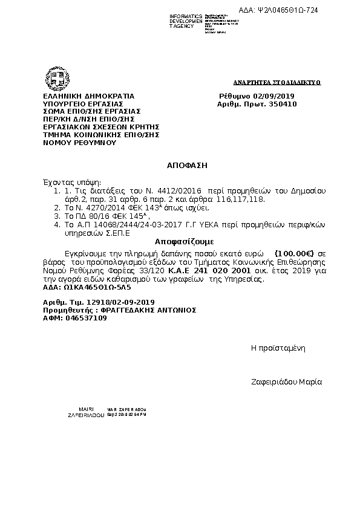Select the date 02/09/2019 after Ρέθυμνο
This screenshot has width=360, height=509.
[x=274, y=96]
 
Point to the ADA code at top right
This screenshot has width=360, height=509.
[x=278, y=10]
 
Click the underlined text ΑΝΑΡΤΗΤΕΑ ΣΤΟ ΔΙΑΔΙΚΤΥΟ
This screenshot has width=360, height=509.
[x=277, y=82]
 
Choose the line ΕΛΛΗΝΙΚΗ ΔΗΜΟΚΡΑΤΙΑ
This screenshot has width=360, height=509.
[x=88, y=96]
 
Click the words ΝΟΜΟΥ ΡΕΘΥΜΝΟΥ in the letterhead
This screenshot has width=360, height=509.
[x=79, y=143]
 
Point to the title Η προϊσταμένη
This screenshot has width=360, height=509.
[x=278, y=348]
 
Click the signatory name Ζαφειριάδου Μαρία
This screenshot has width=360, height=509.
[x=286, y=382]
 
